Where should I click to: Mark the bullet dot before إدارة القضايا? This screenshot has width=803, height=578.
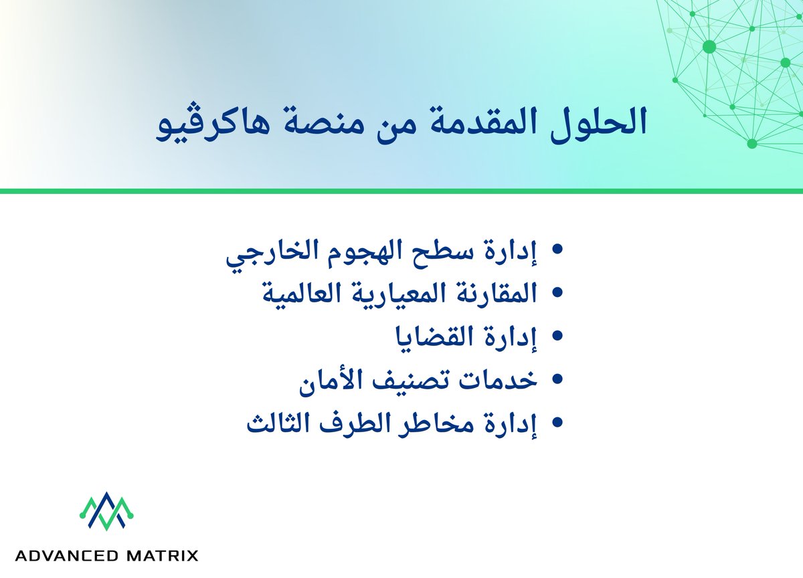click(x=556, y=335)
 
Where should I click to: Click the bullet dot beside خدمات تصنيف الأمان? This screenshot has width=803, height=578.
click(x=556, y=378)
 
